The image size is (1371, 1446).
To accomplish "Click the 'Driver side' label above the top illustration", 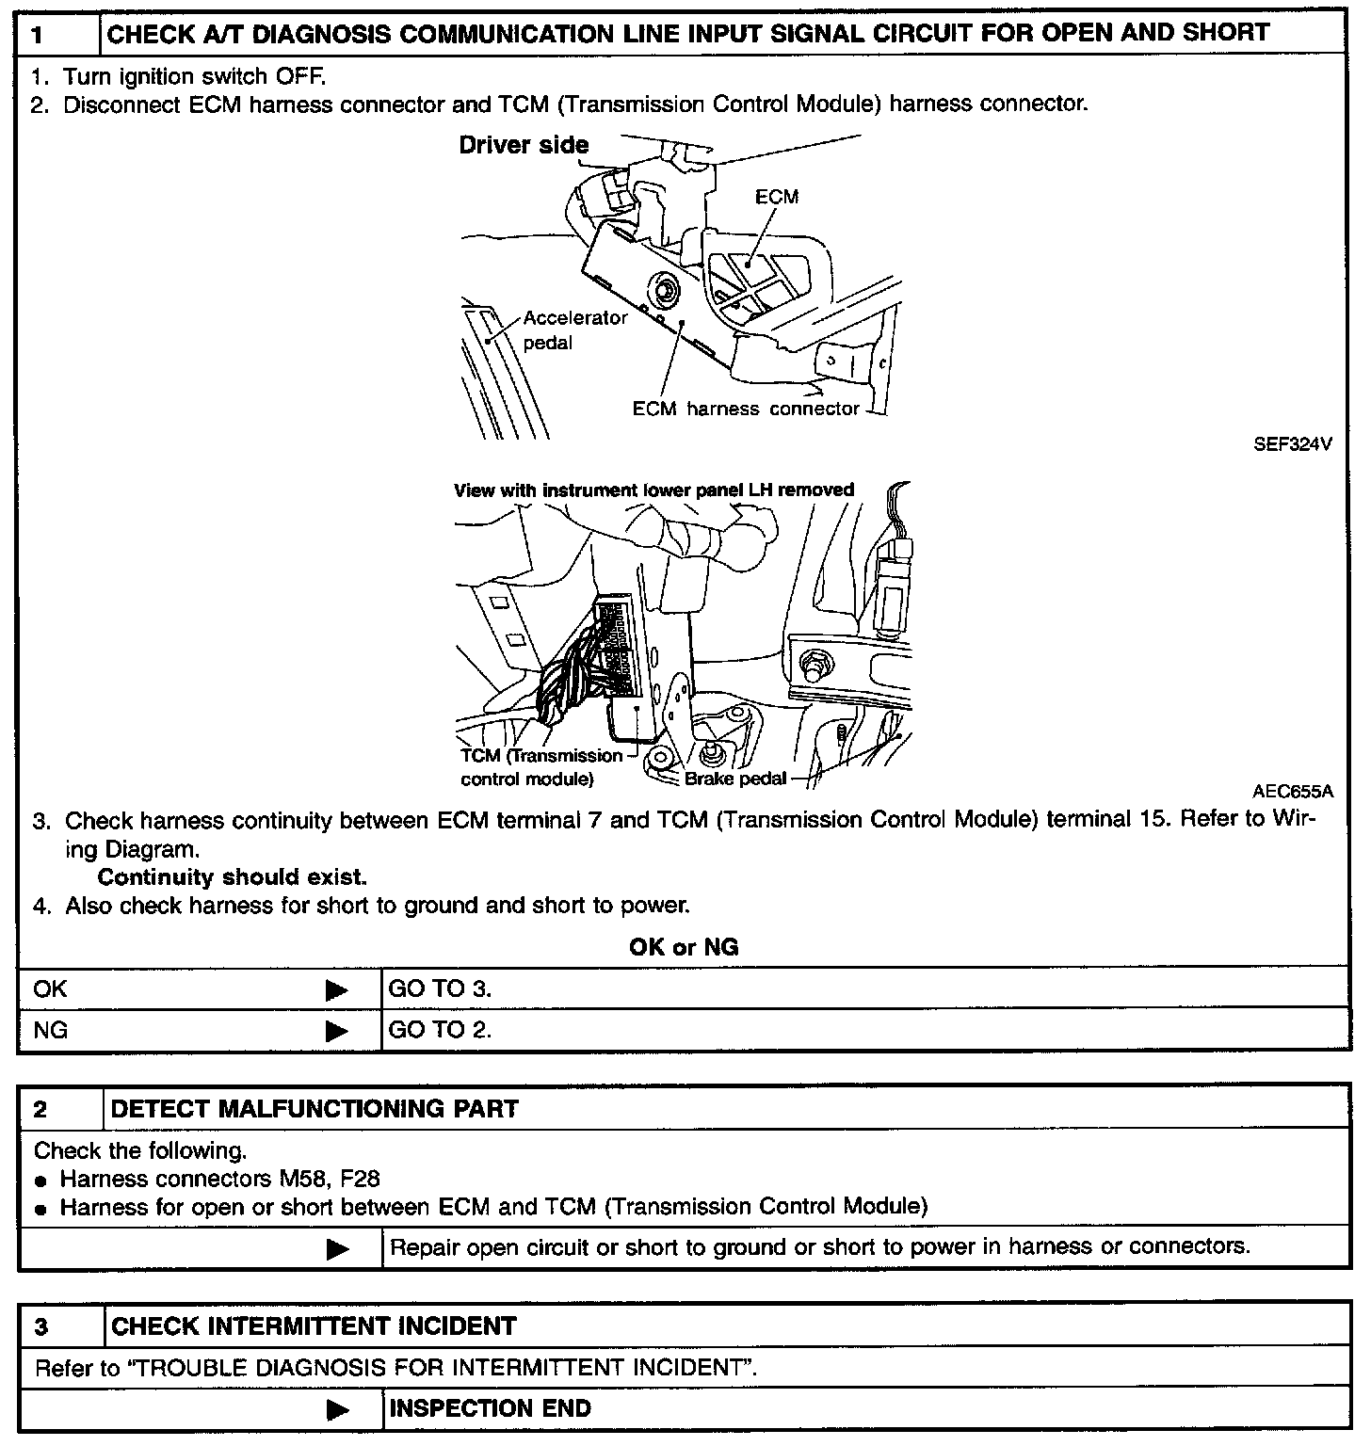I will coord(524,145).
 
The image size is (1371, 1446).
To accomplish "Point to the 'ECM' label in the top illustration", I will coord(777,197).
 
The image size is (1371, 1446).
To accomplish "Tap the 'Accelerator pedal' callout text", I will coord(574,330).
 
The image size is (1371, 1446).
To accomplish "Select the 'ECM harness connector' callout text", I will coord(746,409).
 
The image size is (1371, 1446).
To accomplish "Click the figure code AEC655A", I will coord(1293,792).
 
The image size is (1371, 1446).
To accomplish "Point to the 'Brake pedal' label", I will coord(735,779).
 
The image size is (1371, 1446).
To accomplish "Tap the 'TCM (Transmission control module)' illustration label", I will coord(540,767).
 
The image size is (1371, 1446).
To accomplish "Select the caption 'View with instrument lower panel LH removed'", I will coord(653,490).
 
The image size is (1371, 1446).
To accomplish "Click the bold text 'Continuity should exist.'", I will coord(232,877).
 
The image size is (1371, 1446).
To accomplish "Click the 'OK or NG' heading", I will coord(684,947).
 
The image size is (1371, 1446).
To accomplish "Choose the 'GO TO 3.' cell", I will coord(440,988).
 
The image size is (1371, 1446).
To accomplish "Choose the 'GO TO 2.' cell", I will coord(440,1030).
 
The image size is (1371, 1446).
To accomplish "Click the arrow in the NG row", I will coord(336,1031).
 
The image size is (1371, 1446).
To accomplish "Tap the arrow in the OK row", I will coord(336,989).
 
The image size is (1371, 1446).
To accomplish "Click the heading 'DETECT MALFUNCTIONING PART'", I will coord(315,1109).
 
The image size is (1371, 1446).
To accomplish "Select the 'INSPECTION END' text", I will coord(490,1409).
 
